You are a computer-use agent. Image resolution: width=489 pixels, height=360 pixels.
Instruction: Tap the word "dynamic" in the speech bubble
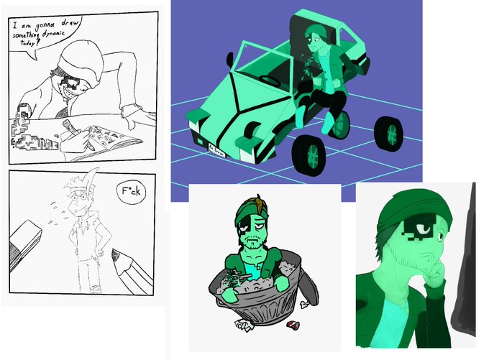[54, 33]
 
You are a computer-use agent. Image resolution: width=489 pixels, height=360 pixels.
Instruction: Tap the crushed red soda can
[293, 325]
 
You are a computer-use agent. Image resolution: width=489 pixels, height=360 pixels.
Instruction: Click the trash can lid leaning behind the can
[309, 287]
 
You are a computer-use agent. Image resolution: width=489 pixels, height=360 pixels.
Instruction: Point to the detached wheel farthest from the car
[388, 134]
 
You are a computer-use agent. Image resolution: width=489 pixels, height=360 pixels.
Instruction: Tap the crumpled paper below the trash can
[243, 325]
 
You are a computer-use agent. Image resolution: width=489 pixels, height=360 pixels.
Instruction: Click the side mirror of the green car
[230, 60]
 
